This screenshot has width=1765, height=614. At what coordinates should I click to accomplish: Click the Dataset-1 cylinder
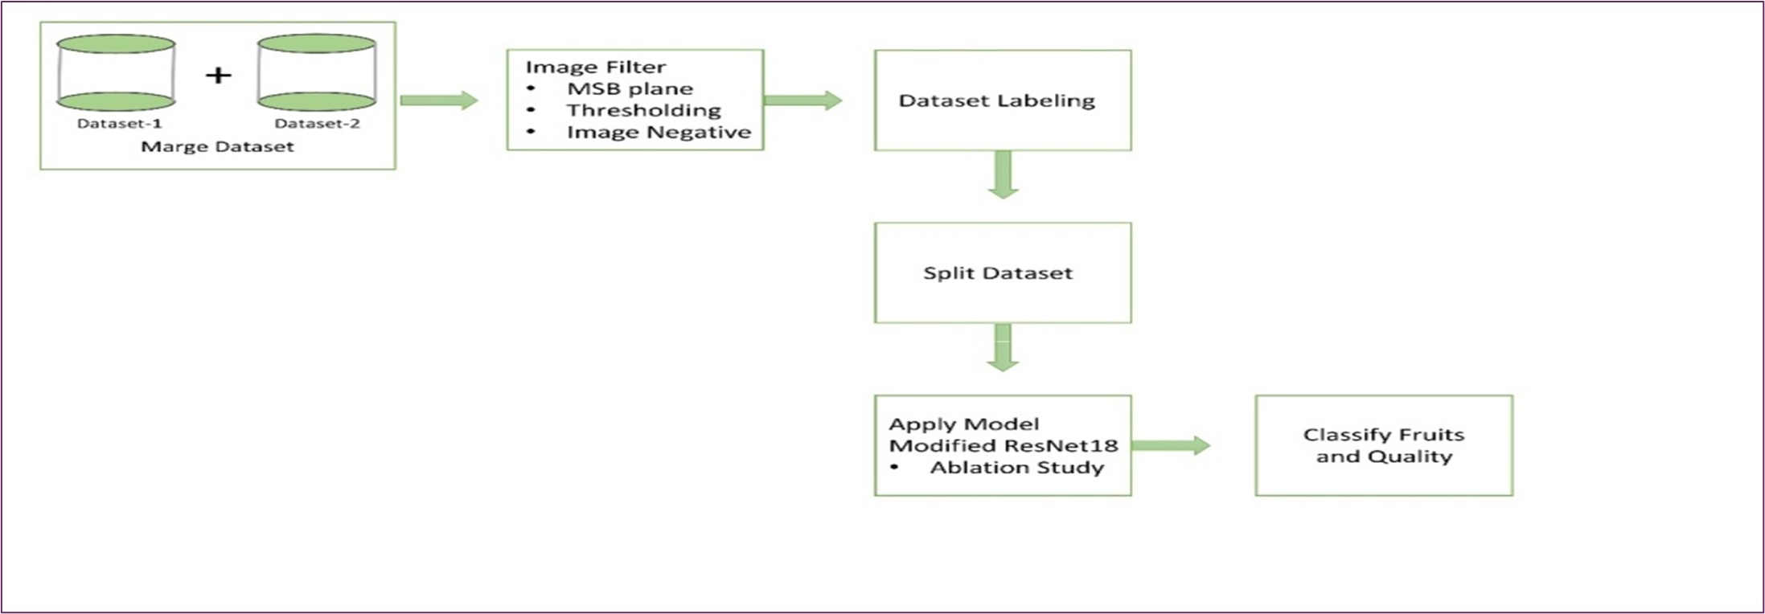[x=116, y=72]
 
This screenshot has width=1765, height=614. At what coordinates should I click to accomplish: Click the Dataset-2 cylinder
[x=317, y=72]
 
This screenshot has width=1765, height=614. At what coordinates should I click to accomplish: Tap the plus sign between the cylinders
[x=218, y=76]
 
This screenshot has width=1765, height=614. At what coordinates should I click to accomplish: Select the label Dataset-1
[x=119, y=124]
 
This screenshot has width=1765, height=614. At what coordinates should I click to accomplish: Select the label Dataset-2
[x=317, y=124]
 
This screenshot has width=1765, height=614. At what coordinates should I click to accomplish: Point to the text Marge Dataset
[x=217, y=147]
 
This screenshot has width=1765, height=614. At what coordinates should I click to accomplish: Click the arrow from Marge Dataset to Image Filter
[x=439, y=100]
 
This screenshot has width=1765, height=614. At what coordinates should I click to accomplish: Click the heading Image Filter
[x=596, y=67]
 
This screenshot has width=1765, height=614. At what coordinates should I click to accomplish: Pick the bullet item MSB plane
[x=630, y=88]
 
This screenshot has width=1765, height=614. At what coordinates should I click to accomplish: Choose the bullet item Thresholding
[x=644, y=110]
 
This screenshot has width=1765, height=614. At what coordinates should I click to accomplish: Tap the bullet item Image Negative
[x=659, y=132]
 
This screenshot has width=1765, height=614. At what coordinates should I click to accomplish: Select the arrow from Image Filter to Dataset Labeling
[x=802, y=100]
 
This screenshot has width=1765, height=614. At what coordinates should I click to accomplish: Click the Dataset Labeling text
[x=997, y=100]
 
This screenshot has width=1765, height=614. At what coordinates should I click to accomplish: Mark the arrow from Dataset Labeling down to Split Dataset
[x=1003, y=174]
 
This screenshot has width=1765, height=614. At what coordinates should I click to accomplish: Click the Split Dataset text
[x=998, y=273]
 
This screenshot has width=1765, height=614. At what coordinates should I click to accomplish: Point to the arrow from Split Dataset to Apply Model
[x=1003, y=347]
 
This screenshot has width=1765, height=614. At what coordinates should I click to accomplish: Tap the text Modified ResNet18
[x=1004, y=446]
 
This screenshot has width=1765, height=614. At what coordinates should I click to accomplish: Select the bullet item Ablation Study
[x=1017, y=468]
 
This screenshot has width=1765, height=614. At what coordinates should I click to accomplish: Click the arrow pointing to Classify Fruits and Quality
[x=1171, y=445]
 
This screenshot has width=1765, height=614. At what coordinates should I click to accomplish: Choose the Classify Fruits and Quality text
[x=1384, y=445]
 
